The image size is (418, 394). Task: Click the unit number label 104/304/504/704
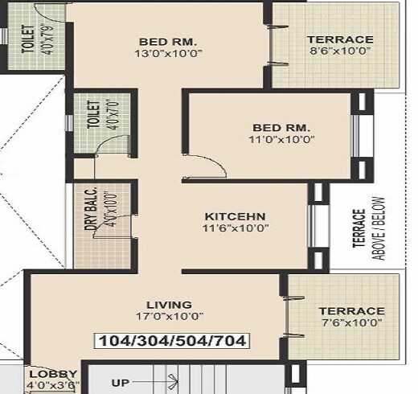[171, 340]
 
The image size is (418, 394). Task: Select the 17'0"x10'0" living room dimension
[170, 317]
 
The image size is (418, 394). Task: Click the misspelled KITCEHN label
[235, 216]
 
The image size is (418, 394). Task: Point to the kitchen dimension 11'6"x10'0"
[235, 228]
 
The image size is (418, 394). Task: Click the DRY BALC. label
[89, 211]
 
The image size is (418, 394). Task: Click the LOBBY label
[53, 374]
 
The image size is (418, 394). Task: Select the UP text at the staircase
[121, 383]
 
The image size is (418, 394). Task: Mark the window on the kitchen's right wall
[316, 228]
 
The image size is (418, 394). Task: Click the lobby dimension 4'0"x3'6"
[53, 385]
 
